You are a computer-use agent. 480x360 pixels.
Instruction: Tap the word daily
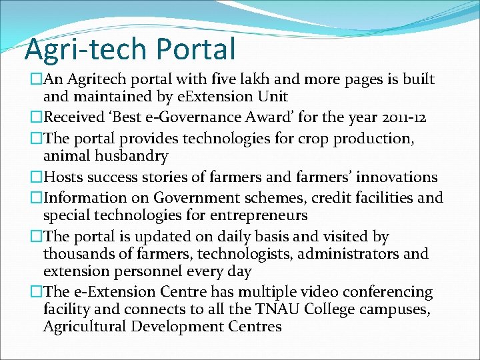247,237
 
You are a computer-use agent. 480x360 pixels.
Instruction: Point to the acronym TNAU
269,309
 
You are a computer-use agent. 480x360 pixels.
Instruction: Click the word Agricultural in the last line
85,327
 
